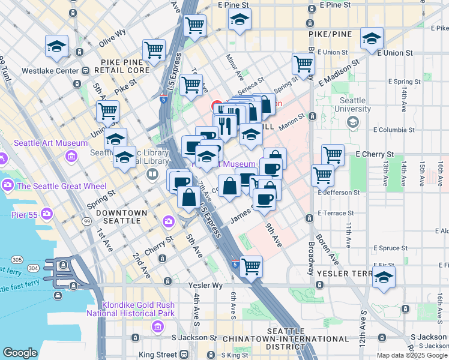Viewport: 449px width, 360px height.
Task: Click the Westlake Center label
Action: pos(50,71)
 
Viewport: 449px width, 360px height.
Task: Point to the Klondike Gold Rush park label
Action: pos(130,308)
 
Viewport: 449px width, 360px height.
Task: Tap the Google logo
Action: pos(20,353)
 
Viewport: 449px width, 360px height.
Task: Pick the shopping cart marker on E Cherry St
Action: pos(333,155)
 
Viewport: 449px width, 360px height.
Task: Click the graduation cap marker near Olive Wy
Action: pos(56,46)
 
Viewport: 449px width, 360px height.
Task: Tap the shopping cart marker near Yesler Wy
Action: pos(251,266)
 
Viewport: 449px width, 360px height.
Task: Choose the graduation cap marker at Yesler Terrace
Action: pos(384,277)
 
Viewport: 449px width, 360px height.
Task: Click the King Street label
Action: pos(158,355)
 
